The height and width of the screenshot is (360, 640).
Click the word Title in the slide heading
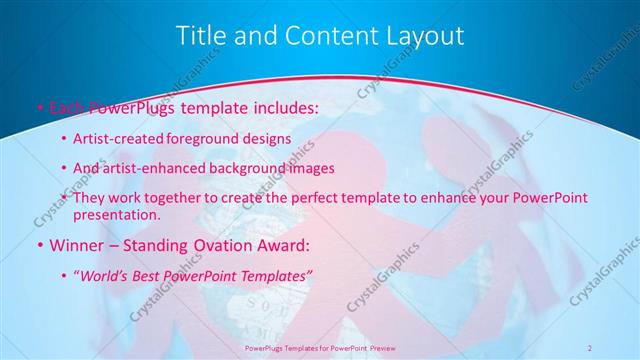[199, 36]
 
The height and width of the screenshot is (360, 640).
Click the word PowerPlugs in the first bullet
[127, 106]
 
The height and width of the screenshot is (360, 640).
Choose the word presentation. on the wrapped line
[118, 214]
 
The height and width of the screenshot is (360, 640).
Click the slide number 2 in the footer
[590, 347]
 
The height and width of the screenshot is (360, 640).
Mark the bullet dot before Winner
[39, 244]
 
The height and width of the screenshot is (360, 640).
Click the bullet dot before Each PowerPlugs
[39, 106]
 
